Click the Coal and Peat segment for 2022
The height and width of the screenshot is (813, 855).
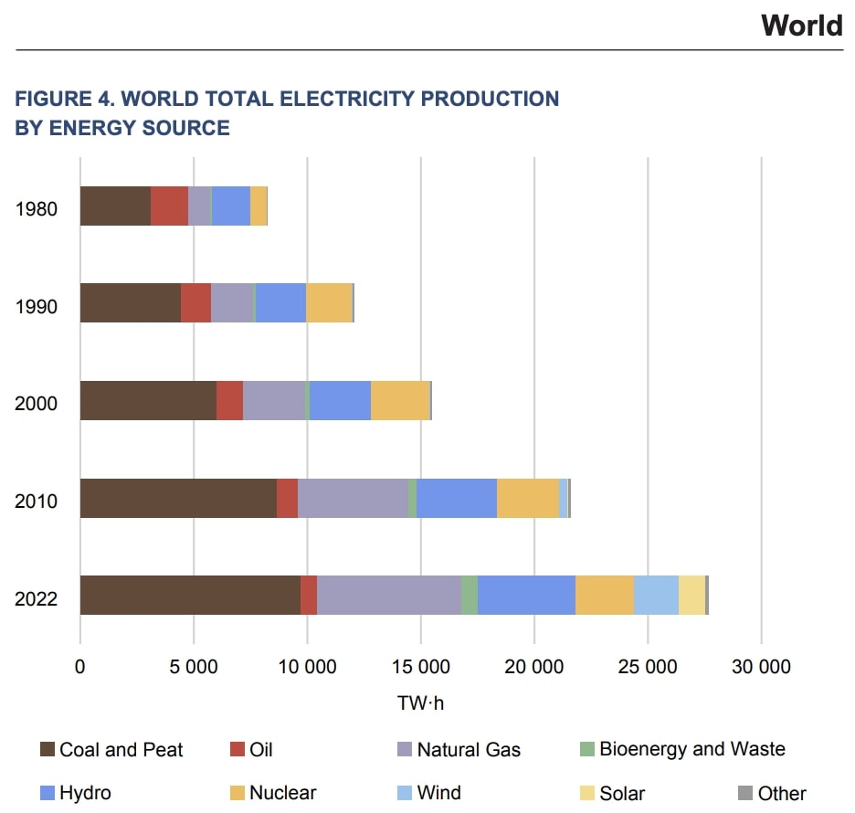coord(190,595)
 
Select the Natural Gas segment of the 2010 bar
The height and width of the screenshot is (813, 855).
coord(353,498)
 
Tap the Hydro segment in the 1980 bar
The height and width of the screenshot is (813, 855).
coord(231,206)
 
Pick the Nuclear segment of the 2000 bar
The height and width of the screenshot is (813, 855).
coord(400,400)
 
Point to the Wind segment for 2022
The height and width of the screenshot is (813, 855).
coord(656,595)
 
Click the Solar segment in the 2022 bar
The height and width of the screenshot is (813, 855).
coord(691,595)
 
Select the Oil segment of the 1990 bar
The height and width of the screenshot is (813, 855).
coord(195,302)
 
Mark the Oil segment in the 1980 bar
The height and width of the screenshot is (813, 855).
coord(169,206)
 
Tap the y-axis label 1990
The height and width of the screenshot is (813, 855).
coord(37,306)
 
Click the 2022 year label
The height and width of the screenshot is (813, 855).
coord(37,599)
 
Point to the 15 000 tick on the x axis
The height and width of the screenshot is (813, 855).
coord(421,667)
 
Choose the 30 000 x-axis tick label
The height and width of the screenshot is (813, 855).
coord(761,667)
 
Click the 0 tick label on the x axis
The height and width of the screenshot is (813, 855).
coord(80,667)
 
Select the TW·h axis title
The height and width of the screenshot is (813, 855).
coord(421,703)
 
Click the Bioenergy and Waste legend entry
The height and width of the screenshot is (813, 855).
coord(691,749)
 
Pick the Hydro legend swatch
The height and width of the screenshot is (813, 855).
coord(48,792)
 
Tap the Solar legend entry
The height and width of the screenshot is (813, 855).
coord(622,792)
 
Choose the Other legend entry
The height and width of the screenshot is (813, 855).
coord(782,792)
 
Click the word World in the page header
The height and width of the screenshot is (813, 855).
coord(801,25)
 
